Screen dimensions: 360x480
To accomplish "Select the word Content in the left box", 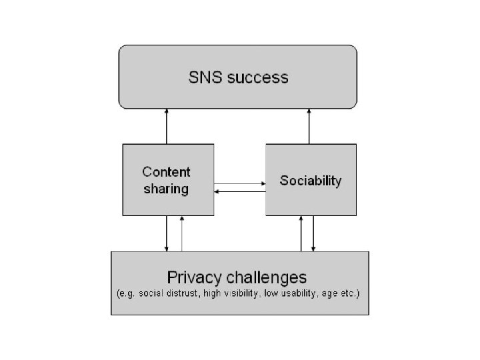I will pos(167,173).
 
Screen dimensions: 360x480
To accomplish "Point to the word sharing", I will pos(167,189).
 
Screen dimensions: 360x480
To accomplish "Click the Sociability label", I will pos(311,181).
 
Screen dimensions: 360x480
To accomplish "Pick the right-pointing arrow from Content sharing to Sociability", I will pos(239,183).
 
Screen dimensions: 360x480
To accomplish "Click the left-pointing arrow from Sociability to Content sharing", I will pos(239,191).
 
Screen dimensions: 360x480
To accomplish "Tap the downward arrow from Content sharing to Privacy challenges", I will pos(167,233).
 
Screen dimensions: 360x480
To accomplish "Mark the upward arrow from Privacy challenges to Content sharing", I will pos(181,233).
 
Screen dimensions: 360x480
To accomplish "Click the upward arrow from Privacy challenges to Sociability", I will pos(301,233).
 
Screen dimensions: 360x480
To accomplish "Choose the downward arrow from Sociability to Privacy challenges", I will pos(313,233).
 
